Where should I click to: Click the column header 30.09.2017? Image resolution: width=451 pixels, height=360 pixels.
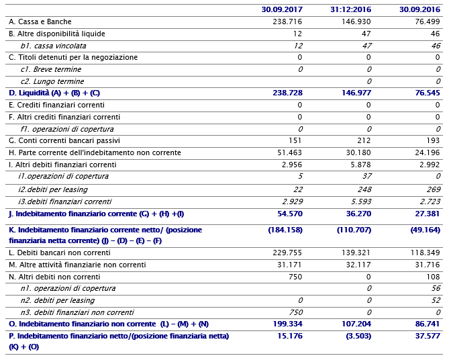coord(283,9)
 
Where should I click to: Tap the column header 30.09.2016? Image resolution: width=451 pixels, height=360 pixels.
coord(420,9)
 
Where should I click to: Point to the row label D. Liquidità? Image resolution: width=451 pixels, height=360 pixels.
coord(54,93)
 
